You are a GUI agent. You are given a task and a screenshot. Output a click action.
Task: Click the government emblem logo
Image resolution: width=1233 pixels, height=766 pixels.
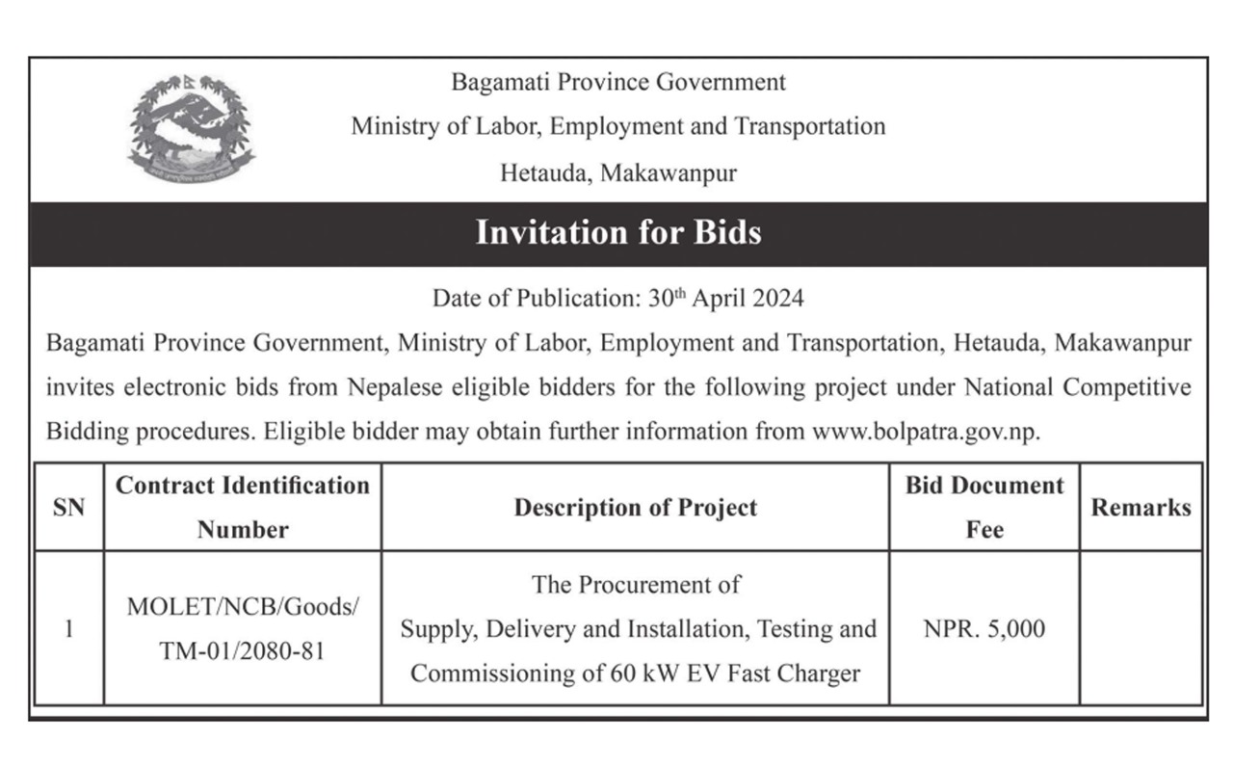(192, 130)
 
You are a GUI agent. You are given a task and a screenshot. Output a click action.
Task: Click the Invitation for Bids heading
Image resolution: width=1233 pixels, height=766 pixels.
(617, 233)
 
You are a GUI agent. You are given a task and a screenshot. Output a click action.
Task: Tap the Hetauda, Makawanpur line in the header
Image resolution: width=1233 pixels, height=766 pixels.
(617, 173)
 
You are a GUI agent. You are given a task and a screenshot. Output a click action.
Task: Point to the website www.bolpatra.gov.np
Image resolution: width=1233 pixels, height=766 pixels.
(926, 432)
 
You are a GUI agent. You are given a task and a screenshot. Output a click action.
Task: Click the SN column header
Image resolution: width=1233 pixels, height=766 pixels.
(68, 508)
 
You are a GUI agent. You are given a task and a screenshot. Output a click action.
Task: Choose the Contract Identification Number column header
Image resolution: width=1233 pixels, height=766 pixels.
(243, 508)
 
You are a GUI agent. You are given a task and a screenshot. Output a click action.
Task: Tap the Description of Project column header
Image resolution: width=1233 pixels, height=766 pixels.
(635, 508)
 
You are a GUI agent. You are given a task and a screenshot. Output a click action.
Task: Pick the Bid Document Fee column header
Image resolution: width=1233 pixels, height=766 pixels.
(984, 508)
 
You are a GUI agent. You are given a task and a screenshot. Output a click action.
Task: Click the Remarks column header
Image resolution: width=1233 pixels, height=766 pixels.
(1141, 508)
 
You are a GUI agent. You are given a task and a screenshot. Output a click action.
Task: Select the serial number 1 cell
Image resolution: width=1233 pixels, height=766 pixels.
(68, 629)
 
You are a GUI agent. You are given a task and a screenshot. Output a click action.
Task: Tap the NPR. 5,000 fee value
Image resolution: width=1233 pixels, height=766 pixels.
(984, 629)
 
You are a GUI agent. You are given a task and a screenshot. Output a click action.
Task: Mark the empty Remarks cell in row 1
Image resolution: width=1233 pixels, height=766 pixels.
(1141, 629)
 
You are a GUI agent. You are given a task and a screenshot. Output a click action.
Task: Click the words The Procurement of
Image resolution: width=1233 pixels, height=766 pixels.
(636, 585)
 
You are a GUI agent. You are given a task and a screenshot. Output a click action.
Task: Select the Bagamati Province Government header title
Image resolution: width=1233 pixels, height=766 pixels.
(617, 83)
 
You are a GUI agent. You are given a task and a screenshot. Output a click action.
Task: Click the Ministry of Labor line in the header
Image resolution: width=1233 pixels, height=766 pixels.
(617, 126)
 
